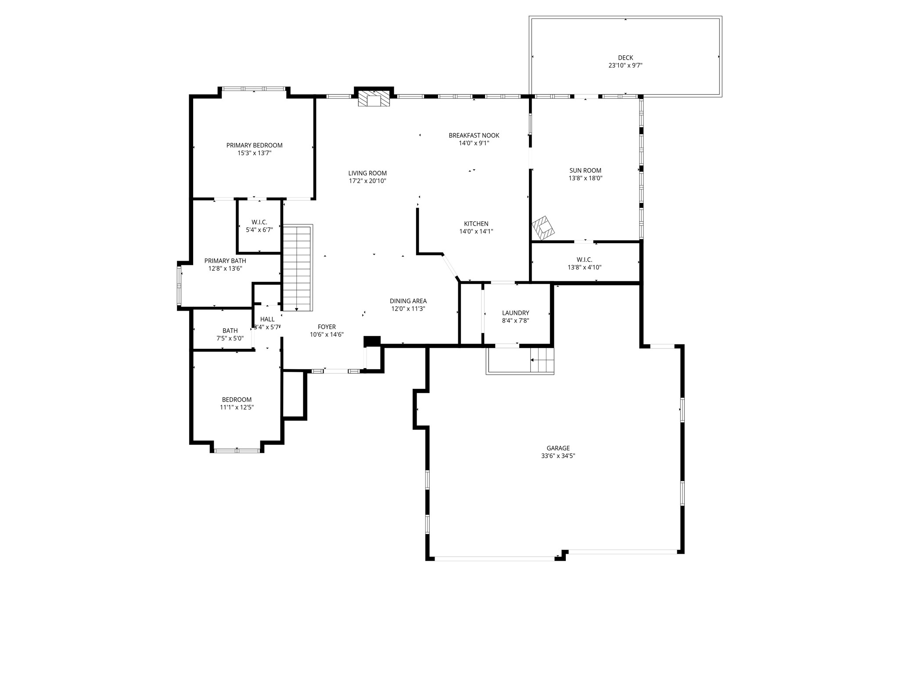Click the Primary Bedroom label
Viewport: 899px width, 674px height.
[x=254, y=145]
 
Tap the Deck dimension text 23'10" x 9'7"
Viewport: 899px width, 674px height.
[x=625, y=65]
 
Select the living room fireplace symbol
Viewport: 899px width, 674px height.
[x=374, y=99]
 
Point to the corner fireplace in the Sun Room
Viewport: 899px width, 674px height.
[x=543, y=228]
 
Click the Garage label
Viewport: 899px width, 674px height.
[x=558, y=448]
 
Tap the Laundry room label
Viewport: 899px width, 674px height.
[x=515, y=313]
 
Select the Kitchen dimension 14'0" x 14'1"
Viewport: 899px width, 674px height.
[x=476, y=231]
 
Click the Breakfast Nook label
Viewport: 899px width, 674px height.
[x=474, y=136]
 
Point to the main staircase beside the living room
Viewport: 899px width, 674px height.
[x=297, y=268]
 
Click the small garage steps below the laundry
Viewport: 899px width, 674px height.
[x=543, y=360]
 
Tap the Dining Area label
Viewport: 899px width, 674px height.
[x=408, y=301]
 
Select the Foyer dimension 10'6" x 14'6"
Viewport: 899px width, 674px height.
[x=327, y=334]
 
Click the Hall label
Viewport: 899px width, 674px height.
[x=267, y=319]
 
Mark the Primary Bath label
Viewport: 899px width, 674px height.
[x=225, y=261]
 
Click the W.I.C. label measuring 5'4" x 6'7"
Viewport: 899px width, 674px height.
[x=259, y=222]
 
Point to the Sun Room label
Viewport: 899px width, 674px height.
[x=585, y=171]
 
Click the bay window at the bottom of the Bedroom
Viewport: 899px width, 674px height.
[x=237, y=450]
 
